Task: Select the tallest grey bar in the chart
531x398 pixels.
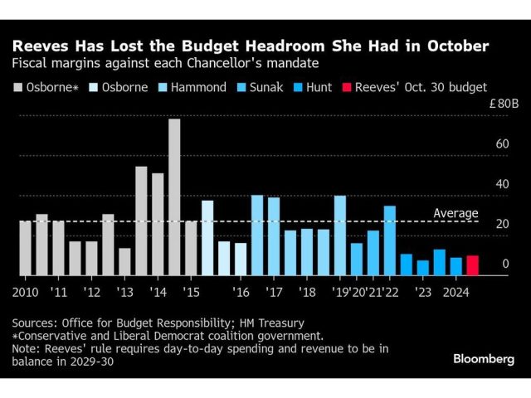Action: pyautogui.click(x=174, y=197)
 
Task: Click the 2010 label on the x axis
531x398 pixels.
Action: pyautogui.click(x=26, y=292)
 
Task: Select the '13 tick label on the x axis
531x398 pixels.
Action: pyautogui.click(x=125, y=292)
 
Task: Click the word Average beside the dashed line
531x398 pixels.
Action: pyautogui.click(x=455, y=213)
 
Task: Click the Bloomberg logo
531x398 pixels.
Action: pyautogui.click(x=484, y=358)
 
